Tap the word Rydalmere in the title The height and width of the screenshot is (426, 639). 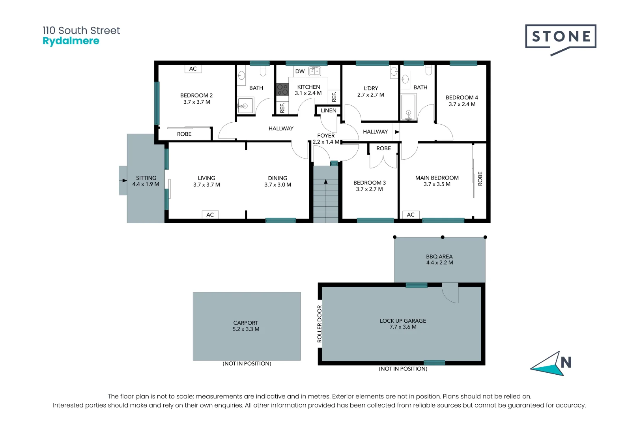coord(71,41)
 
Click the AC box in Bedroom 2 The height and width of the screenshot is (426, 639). coord(193,69)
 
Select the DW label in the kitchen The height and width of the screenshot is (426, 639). coord(300,71)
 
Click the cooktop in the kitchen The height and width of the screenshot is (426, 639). coord(282,89)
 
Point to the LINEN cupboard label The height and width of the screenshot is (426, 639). coord(328,110)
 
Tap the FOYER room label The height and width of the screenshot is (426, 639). coord(326,135)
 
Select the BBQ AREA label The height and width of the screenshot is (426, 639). coord(439,256)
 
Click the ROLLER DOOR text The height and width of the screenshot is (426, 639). coord(319,323)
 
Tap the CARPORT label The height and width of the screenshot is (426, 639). coord(246,323)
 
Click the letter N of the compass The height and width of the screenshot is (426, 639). coord(566,362)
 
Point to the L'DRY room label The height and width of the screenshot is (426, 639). coord(371,88)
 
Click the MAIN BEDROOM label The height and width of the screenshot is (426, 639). coord(437,178)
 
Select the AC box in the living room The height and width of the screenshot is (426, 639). coord(210,215)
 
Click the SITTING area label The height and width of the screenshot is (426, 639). coord(146,178)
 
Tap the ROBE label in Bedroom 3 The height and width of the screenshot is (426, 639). coord(383,148)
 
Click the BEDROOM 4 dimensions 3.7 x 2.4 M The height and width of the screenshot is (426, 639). coord(462,104)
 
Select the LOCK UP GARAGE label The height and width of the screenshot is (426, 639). coord(403,321)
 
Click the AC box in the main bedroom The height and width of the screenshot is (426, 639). coord(411,215)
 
